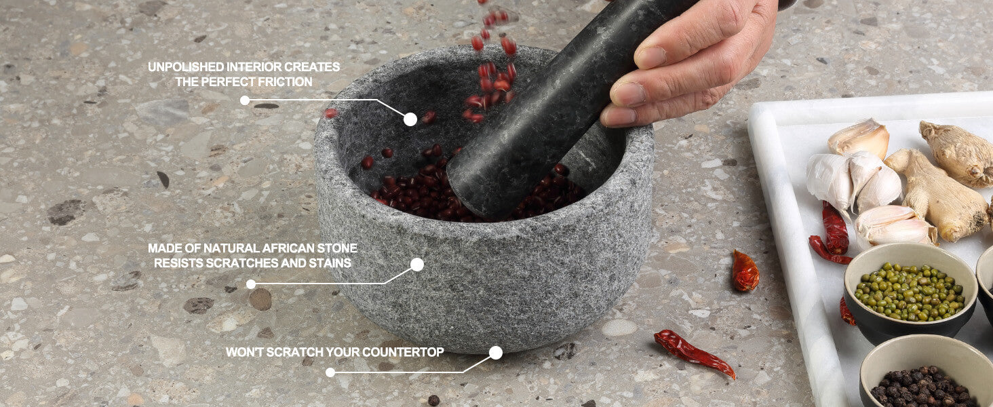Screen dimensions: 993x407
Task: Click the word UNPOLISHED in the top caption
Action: pos(186,67)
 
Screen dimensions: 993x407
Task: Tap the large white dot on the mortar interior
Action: pos(410,119)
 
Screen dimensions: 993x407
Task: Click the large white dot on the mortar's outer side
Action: pos(416,265)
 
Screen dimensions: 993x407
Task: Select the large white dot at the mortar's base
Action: pos(496,353)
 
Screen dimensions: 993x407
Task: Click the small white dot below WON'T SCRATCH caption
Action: pos(330,372)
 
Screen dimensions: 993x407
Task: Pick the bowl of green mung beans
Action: pos(910,292)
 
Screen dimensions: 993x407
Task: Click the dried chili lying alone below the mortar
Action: pos(694,353)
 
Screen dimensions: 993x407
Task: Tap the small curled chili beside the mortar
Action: pos(745,271)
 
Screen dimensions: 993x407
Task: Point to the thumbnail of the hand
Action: pos(650,57)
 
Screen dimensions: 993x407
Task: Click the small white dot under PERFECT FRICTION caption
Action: pos(245,100)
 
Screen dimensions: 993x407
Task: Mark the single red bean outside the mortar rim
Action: pos(330,113)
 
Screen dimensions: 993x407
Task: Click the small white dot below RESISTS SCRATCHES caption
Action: pos(251,284)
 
